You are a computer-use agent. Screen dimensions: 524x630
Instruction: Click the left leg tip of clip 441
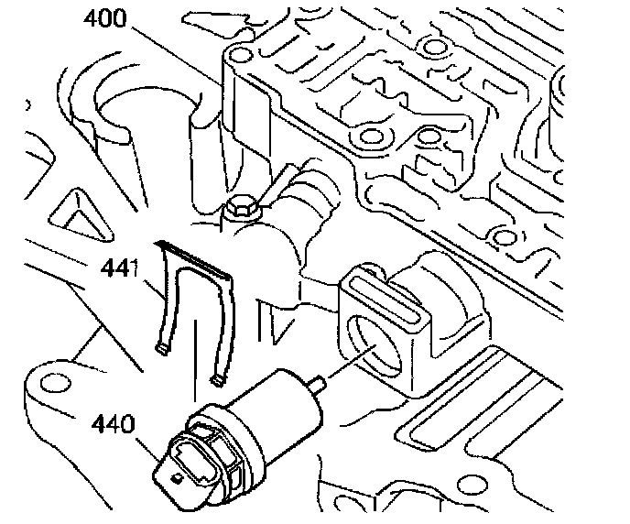click(x=162, y=348)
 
